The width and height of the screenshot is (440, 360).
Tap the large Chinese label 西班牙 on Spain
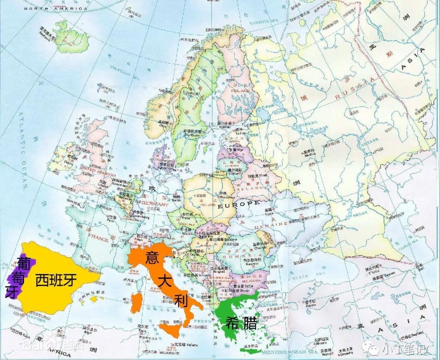coord(56,280)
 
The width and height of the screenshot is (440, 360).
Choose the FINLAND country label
coord(240,91)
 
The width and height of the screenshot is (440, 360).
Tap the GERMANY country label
coord(154,203)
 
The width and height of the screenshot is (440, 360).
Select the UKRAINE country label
coord(271,225)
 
